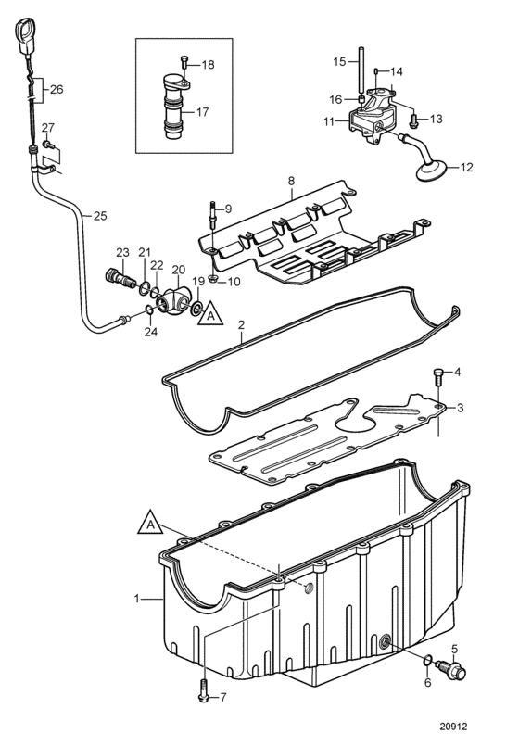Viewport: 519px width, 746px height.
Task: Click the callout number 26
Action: point(57,89)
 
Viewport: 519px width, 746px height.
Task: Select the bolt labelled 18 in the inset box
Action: point(184,62)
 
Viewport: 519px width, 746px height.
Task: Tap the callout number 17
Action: point(203,112)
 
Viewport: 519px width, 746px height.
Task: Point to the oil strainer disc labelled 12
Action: point(432,171)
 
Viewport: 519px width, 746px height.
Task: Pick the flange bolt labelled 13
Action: point(413,120)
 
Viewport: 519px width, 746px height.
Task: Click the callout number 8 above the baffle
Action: point(292,181)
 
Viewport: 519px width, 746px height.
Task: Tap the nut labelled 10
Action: point(213,278)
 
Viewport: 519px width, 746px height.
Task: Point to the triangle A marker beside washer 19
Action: point(210,314)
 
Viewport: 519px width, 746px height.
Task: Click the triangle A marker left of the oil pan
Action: point(150,523)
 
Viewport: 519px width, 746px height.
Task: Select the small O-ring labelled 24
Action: point(149,310)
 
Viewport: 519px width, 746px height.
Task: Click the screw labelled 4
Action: point(438,378)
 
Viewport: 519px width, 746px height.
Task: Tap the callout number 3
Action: point(460,408)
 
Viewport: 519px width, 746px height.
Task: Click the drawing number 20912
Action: point(453,727)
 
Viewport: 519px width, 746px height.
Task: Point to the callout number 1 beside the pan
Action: point(137,599)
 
